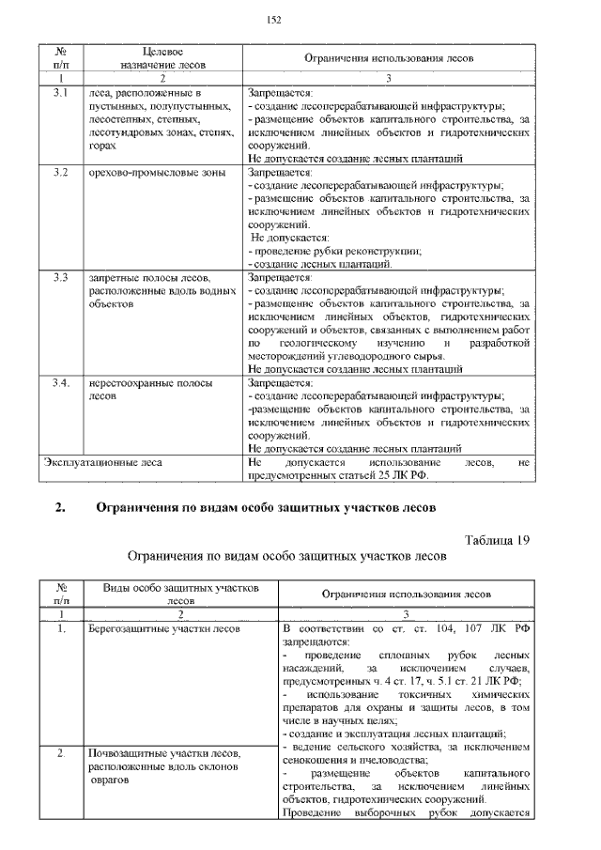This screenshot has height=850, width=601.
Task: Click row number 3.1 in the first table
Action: click(59, 94)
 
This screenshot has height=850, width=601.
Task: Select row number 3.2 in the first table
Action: click(59, 173)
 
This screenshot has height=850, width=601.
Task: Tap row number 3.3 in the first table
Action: click(59, 278)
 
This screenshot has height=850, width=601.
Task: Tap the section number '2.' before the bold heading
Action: click(60, 509)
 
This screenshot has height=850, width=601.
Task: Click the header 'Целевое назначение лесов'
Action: click(162, 57)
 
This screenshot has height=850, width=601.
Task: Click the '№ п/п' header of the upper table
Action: click(59, 57)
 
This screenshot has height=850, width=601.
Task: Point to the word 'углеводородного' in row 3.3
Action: click(362, 356)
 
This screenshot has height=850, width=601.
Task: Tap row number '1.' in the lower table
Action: click(59, 628)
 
